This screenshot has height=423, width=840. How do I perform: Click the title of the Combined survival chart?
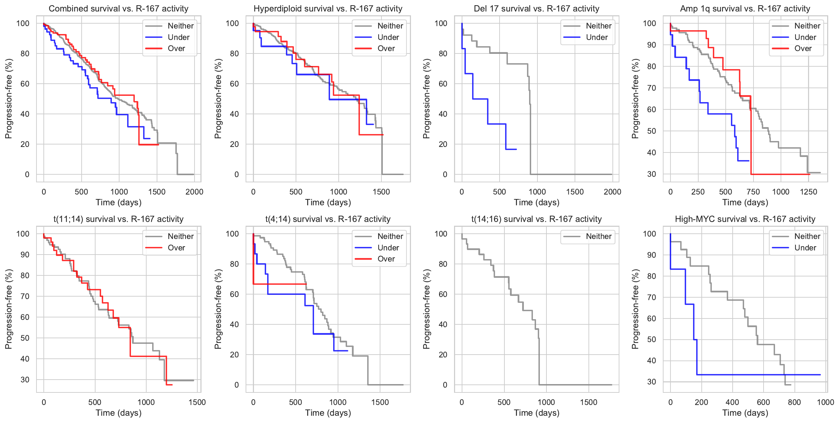coord(118,9)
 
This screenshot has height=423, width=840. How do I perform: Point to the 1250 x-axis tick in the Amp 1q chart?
coord(808,192)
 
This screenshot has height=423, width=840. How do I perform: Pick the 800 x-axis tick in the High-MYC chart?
coord(794,402)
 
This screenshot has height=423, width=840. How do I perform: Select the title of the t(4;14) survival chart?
coord(328,219)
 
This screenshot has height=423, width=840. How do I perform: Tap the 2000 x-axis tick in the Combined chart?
coord(194,192)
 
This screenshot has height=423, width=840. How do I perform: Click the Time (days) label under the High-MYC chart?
coord(745,413)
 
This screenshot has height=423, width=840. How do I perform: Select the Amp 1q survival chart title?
coord(745,9)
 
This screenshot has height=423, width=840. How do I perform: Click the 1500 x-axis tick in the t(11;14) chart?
coord(197,402)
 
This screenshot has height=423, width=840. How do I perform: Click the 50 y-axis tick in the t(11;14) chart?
coord(25,338)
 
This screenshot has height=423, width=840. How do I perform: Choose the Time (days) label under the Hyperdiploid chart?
coord(328,202)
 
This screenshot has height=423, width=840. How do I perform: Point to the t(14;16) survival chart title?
coord(536,219)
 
